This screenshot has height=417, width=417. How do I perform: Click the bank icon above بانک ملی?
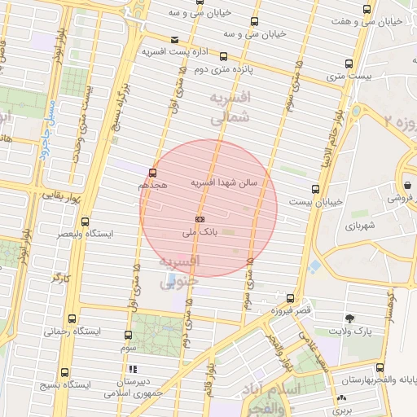click(x=200, y=218)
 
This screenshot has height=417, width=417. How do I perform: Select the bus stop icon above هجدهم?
click(x=152, y=173)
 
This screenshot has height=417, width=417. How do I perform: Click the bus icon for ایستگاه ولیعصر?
click(x=86, y=221)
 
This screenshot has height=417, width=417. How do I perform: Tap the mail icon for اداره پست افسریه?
click(x=175, y=40)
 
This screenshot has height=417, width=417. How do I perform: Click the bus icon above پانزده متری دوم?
click(x=223, y=57)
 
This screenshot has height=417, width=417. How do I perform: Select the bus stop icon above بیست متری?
click(x=349, y=64)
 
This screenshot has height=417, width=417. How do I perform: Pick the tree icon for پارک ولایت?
click(x=349, y=318)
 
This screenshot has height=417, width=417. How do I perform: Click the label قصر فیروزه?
click(x=292, y=311)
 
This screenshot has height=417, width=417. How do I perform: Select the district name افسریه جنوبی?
click(x=179, y=272)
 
